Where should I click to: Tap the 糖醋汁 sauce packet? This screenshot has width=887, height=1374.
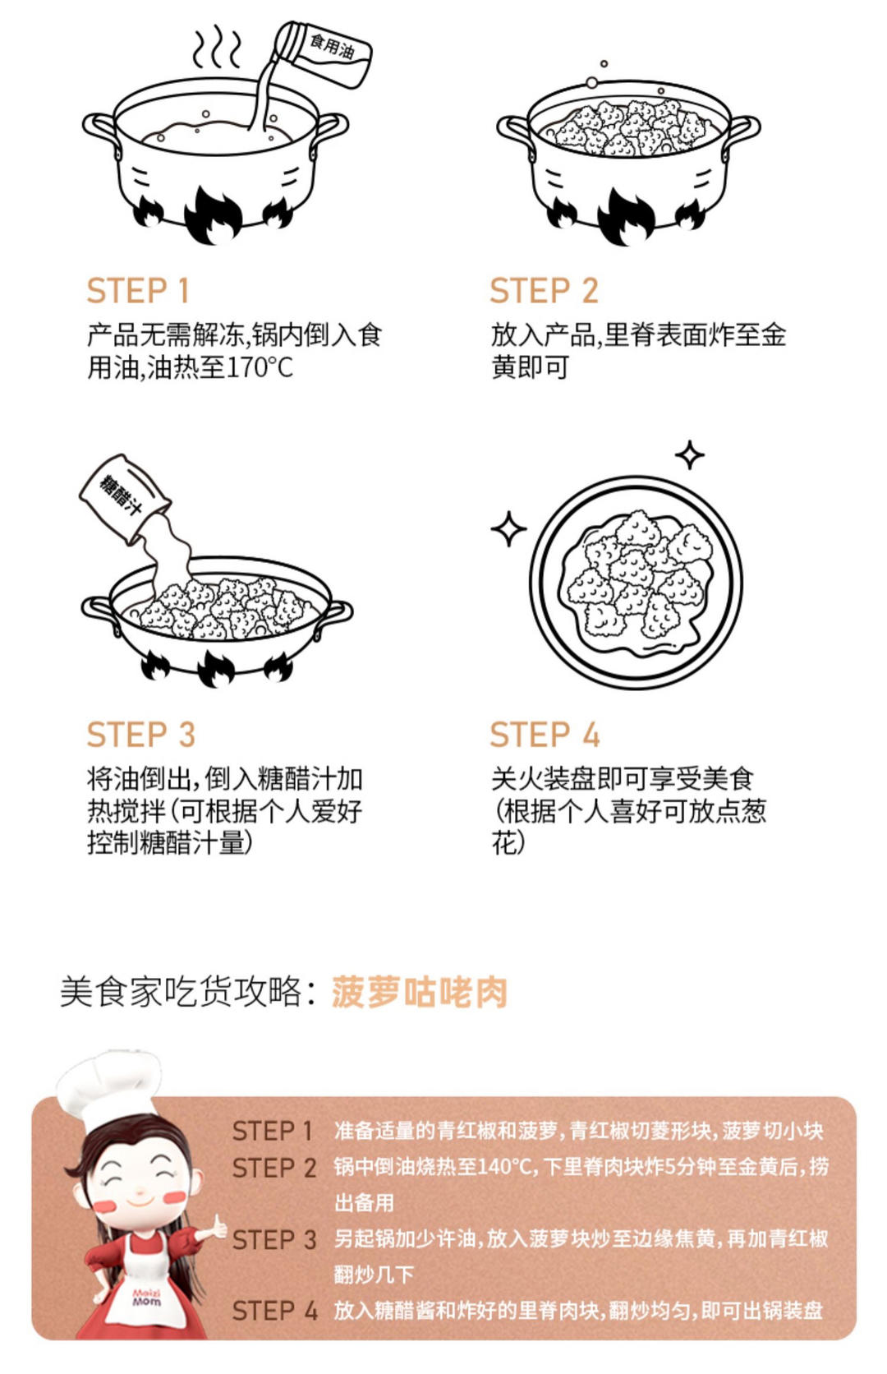click(126, 498)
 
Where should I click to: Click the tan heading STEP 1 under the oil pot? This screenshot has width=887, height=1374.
click(138, 290)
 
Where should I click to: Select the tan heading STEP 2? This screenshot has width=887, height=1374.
click(544, 290)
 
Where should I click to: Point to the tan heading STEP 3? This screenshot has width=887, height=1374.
click(141, 734)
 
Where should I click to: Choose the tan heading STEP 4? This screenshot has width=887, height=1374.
click(545, 734)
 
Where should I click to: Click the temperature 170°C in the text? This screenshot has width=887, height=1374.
click(260, 367)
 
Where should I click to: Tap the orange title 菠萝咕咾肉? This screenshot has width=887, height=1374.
click(420, 993)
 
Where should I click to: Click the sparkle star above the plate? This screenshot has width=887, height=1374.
click(690, 455)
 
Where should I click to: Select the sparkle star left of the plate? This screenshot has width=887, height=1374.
click(508, 528)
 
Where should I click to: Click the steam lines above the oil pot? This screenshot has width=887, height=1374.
click(218, 47)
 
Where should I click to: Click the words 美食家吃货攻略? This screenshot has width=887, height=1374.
click(182, 993)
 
